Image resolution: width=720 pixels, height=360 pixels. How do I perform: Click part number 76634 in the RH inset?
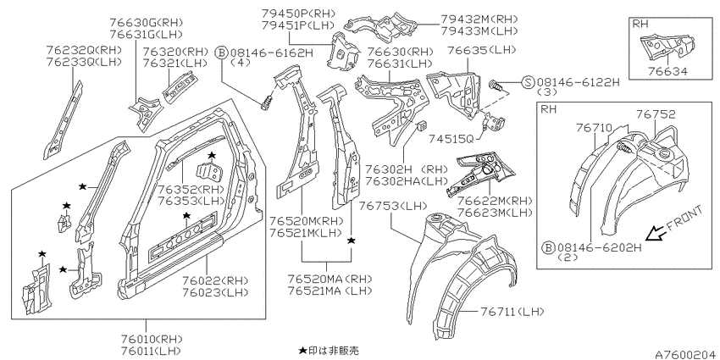(667, 71)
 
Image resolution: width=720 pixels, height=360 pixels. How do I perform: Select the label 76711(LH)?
(512, 312)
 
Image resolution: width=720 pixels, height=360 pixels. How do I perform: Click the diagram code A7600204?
(686, 354)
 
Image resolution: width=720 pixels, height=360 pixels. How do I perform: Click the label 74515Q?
(451, 138)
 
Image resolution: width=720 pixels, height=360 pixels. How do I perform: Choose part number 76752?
(656, 114)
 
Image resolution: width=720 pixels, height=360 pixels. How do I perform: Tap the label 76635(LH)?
(481, 50)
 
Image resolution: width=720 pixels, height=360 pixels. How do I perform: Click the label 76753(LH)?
(394, 205)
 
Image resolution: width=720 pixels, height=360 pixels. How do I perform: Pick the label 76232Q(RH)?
(84, 50)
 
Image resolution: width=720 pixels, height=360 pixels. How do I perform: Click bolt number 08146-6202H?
(599, 248)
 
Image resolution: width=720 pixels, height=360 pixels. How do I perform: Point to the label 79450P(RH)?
(298, 14)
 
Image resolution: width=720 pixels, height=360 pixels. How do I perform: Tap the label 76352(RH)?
(191, 189)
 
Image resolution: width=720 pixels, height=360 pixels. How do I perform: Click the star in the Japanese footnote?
(302, 351)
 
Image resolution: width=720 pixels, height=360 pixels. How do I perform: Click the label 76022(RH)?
(215, 280)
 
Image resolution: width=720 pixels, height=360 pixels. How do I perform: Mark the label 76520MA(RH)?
(330, 279)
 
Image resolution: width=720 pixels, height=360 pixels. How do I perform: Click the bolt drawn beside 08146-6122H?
(497, 85)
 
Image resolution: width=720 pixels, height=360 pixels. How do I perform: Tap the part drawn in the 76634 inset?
(667, 47)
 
